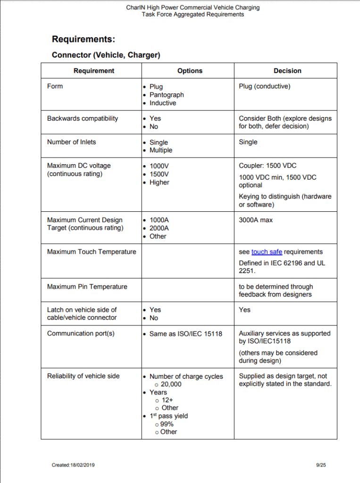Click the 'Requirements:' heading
click(84, 39)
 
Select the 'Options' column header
click(190, 71)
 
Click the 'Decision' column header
click(287, 71)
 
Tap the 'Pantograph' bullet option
click(167, 95)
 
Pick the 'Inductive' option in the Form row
click(163, 103)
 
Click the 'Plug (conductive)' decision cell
click(265, 86)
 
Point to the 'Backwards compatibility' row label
click(83, 118)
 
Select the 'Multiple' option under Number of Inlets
click(161, 150)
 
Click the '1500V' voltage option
click(159, 174)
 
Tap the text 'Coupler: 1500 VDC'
click(268, 166)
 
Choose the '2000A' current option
click(159, 228)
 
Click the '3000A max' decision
click(256, 220)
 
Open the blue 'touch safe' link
click(267, 252)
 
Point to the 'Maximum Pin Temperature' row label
click(87, 286)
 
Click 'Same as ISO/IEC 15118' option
click(185, 333)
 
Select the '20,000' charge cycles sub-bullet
click(171, 384)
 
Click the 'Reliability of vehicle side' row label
click(84, 376)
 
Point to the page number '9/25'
click(321, 465)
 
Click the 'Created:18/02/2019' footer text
click(73, 465)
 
